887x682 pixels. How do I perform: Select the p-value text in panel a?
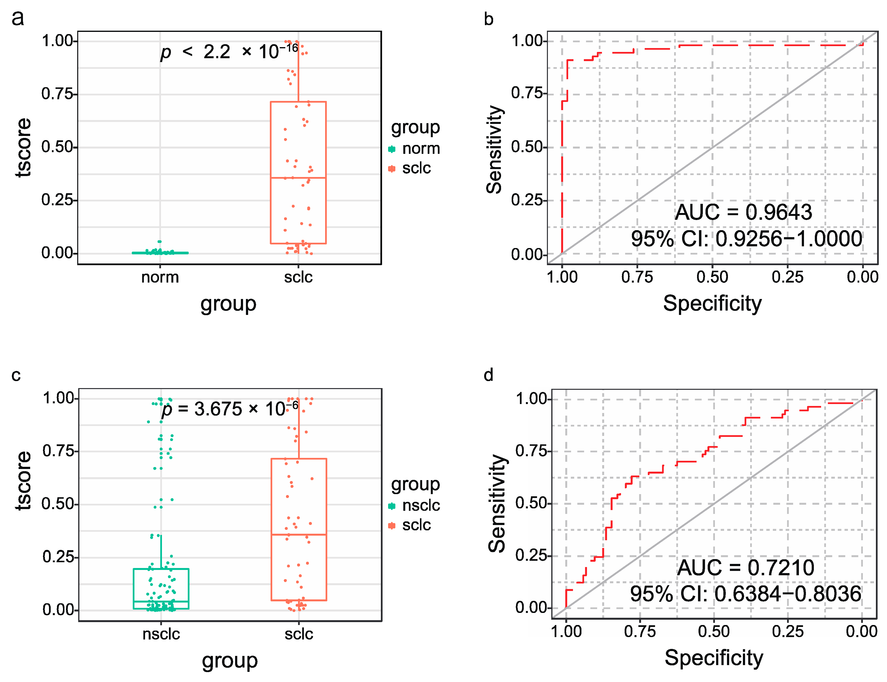pos(229,51)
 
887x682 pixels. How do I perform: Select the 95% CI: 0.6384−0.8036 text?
pos(745,594)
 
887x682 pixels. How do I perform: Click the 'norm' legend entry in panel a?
pos(420,149)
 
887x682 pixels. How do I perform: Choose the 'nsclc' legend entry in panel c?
pos(420,505)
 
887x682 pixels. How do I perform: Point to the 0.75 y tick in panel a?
pos(58,94)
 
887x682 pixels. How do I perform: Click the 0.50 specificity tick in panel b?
pos(712,277)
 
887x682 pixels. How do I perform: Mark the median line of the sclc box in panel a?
pos(298,178)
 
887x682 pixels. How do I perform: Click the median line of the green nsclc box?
pos(161,601)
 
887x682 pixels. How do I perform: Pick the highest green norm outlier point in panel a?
pos(160,242)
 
